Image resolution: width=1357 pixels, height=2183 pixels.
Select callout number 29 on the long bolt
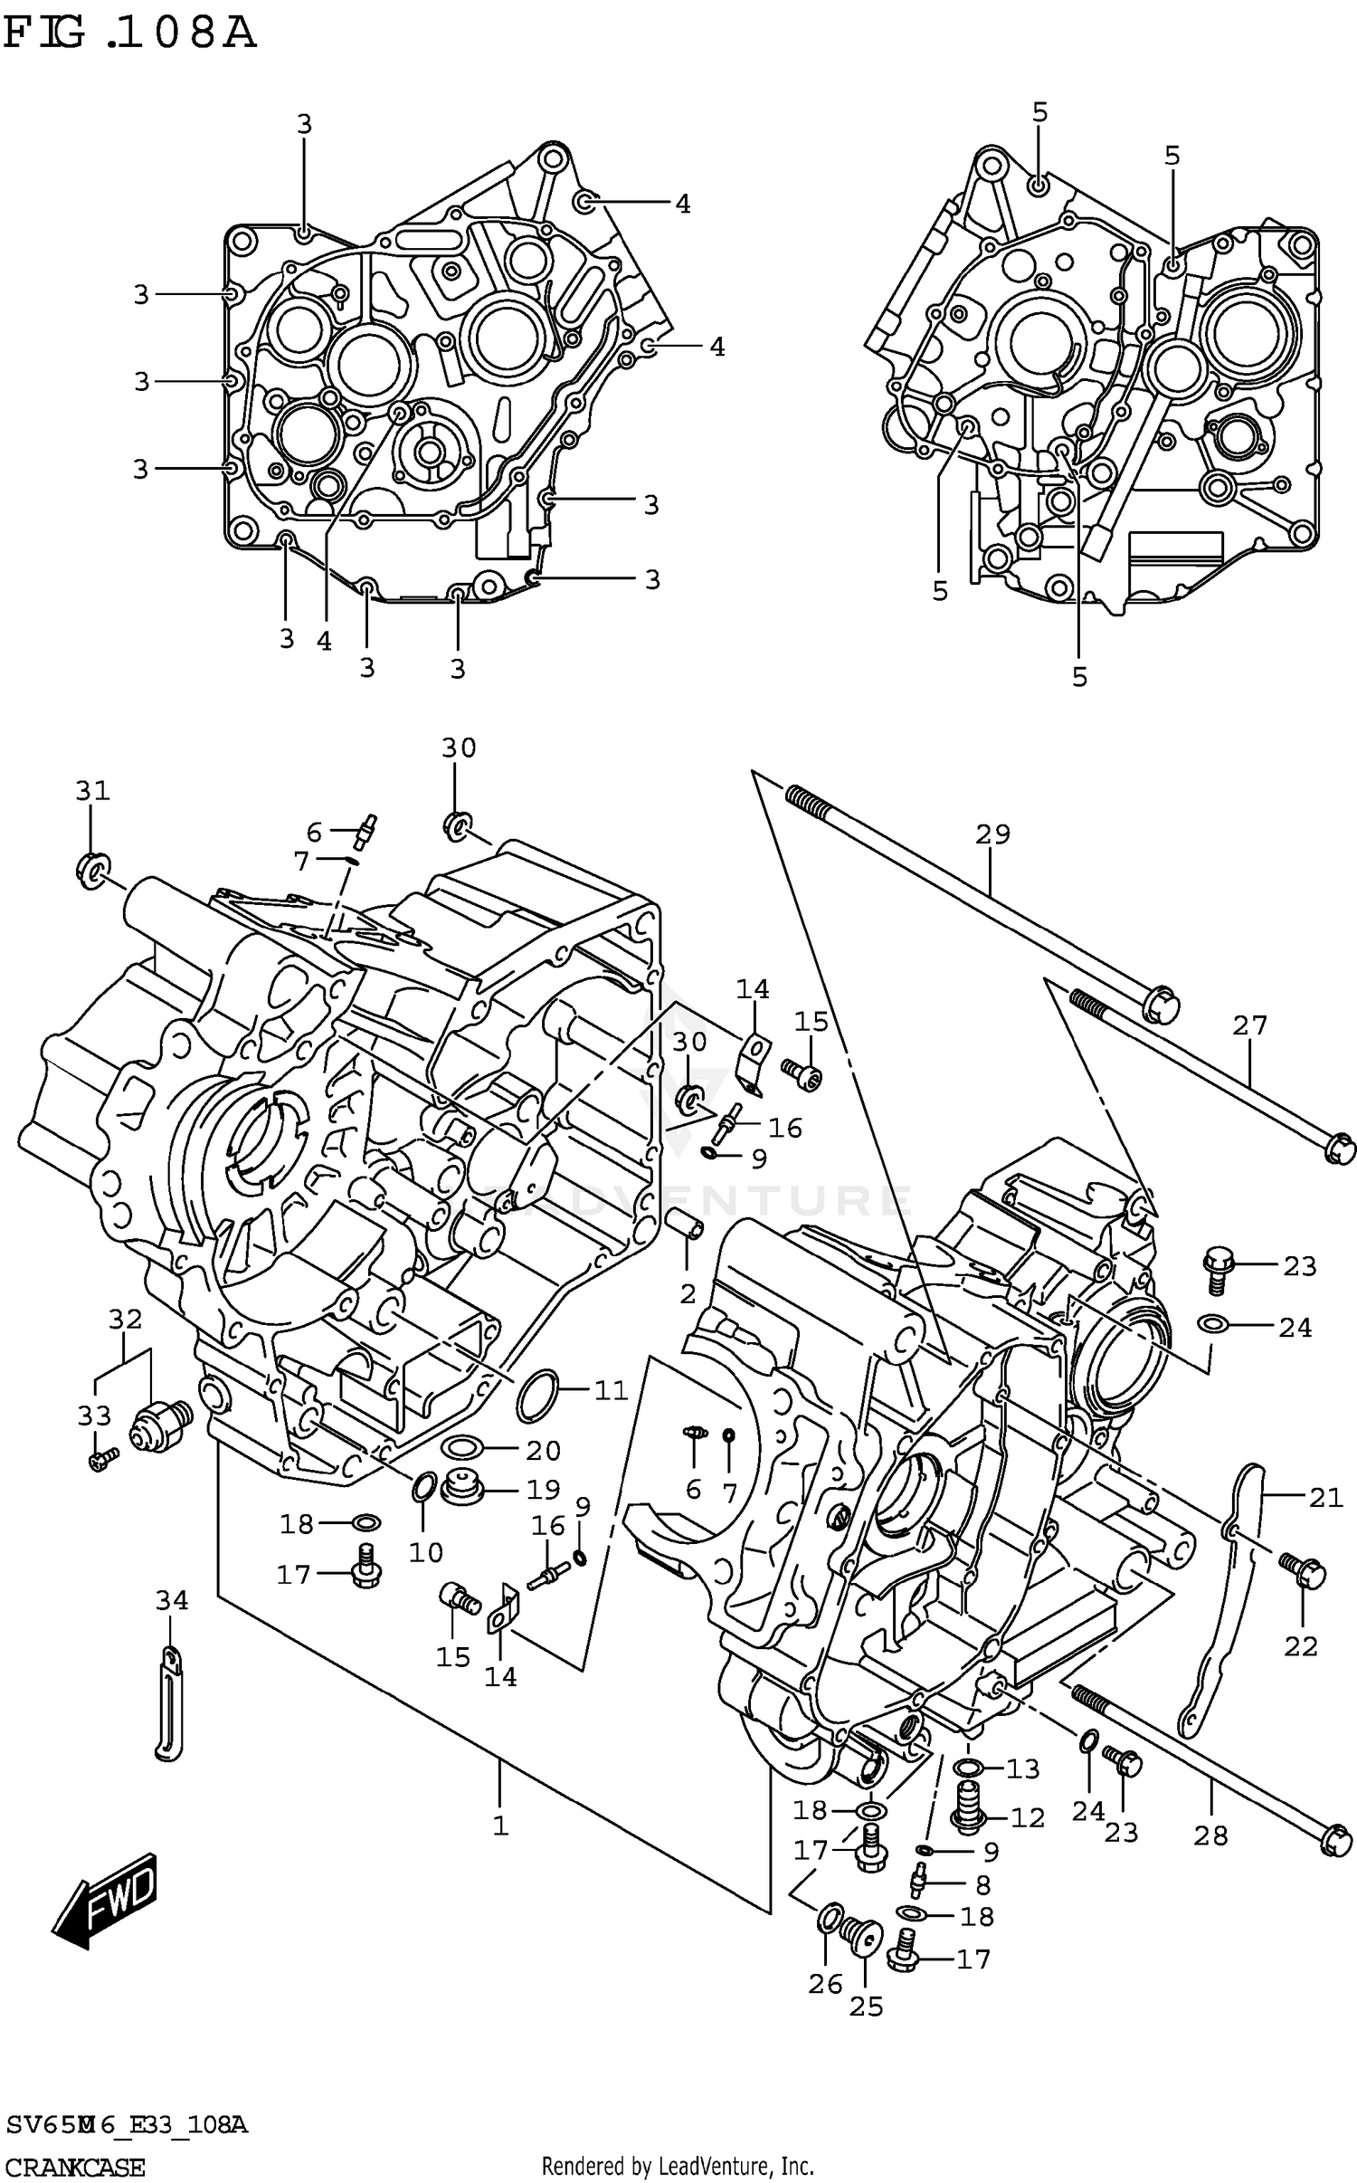point(992,834)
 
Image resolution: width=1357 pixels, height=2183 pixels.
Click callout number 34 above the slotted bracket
point(172,1601)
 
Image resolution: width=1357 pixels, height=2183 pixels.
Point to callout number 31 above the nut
point(92,791)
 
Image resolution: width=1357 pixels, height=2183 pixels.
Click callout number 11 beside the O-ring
point(611,1390)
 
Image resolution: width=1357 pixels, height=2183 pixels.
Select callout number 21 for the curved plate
point(1325,1499)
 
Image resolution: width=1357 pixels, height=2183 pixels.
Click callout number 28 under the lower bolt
point(1210,1835)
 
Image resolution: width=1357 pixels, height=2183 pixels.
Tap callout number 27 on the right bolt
point(1249,1025)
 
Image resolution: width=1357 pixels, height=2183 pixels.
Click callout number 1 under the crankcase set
point(500,1826)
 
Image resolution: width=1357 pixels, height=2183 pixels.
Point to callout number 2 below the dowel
point(688,1293)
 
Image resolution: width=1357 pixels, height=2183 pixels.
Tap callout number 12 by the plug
point(1027,1817)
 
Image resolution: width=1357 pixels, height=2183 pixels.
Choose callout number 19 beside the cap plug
point(544,1489)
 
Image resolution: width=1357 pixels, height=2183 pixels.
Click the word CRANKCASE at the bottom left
point(74,2160)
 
